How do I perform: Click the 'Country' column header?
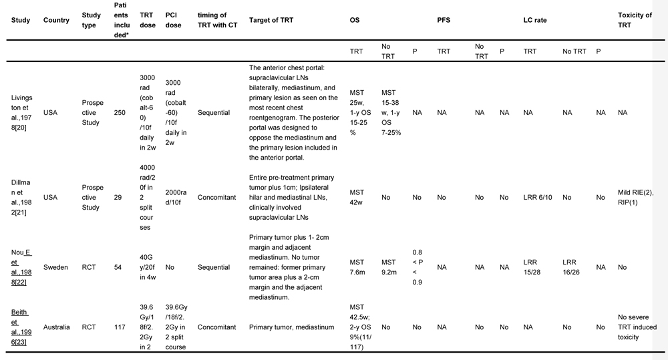(56, 20)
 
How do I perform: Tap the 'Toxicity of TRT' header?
(635, 20)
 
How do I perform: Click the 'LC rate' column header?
(535, 20)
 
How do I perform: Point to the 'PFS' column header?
(444, 20)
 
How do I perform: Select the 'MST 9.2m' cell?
(390, 267)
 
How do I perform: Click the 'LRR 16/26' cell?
(572, 267)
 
